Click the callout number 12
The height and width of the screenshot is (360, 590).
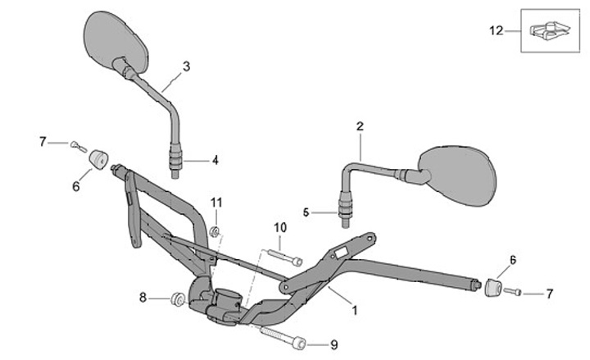click(495, 31)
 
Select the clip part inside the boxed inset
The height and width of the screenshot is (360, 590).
click(546, 32)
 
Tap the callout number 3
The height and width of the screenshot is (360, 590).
click(187, 66)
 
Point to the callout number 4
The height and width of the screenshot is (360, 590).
click(216, 161)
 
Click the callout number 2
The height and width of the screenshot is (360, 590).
click(360, 126)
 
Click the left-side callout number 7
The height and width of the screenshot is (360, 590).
click(43, 142)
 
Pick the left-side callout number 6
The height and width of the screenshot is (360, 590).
click(76, 186)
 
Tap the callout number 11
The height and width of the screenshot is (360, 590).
click(216, 202)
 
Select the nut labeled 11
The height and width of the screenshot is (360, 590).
click(214, 232)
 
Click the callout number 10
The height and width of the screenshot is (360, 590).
click(279, 227)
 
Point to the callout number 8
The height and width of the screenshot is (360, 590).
click(144, 298)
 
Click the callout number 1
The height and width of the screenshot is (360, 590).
click(354, 311)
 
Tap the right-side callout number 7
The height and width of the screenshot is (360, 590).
click(550, 293)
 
